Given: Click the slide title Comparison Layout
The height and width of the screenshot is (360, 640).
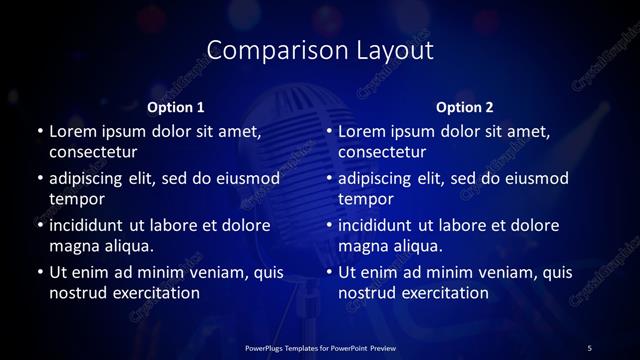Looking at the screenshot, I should tap(320, 50).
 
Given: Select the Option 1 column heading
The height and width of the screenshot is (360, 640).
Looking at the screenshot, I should tap(176, 107).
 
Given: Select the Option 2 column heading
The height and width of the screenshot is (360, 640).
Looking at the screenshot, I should tap(465, 107).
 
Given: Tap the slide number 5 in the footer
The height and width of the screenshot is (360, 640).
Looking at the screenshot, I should tap(589, 347).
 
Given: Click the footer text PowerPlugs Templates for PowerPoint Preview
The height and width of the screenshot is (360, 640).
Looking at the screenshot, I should tap(319, 347).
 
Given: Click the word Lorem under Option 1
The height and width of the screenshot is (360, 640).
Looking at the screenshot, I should tap(73, 131).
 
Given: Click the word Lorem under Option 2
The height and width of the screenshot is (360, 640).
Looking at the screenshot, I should tap(363, 131).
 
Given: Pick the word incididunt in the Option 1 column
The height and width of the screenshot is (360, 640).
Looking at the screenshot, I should tap(94, 224).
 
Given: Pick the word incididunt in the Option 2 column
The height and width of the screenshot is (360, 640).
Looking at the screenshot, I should tap(384, 224).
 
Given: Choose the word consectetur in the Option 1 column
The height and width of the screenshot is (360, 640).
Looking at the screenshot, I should tap(93, 152).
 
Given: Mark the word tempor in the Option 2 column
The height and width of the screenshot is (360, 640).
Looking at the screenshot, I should tap(365, 199).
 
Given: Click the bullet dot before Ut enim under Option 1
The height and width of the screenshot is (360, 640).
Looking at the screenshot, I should tap(39, 272).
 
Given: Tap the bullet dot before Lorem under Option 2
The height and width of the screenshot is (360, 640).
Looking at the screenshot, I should tap(329, 132).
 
